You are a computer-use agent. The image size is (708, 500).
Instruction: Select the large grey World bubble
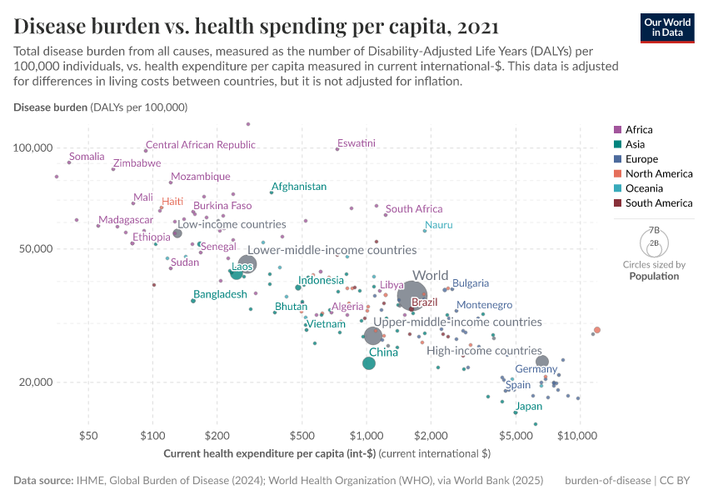[x=413, y=296]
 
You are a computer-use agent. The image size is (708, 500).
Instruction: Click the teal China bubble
[x=369, y=362]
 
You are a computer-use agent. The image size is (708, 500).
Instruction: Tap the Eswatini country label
[x=356, y=143]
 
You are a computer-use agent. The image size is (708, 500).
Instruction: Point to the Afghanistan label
[x=299, y=187]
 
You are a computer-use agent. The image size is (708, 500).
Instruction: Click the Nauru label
[x=439, y=226]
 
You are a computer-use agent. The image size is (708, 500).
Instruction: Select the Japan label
[x=529, y=407]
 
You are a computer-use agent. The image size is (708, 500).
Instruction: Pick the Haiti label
[x=172, y=202]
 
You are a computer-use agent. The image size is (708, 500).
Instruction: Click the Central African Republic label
[x=201, y=145]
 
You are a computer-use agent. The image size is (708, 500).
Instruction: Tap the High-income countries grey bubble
[x=542, y=362]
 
